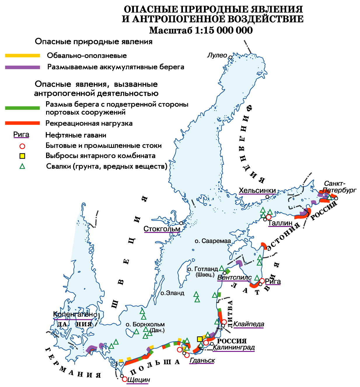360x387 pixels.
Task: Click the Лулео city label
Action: click(x=217, y=55)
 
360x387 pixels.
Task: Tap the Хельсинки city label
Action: click(x=257, y=191)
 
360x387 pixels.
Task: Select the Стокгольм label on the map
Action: click(x=162, y=229)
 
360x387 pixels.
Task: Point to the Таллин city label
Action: click(x=280, y=223)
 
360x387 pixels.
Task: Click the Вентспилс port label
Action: click(x=234, y=278)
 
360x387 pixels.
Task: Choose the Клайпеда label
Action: click(x=249, y=324)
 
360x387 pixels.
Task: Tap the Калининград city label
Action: click(x=233, y=348)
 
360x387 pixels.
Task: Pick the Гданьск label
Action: click(x=202, y=361)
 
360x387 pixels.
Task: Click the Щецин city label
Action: click(x=139, y=380)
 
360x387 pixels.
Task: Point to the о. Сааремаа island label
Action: click(x=213, y=241)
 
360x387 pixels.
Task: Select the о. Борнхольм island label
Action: click(x=145, y=325)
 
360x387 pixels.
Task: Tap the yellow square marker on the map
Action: click(x=200, y=339)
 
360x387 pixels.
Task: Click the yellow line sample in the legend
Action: click(x=22, y=55)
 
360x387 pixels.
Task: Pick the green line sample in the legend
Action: click(x=22, y=108)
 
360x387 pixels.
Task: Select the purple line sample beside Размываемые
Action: click(x=22, y=67)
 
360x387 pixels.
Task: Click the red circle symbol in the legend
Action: click(x=22, y=146)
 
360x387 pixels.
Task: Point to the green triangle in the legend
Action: click(x=22, y=167)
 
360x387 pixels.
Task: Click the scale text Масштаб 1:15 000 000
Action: click(x=201, y=30)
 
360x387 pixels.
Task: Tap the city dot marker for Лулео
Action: click(x=230, y=57)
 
